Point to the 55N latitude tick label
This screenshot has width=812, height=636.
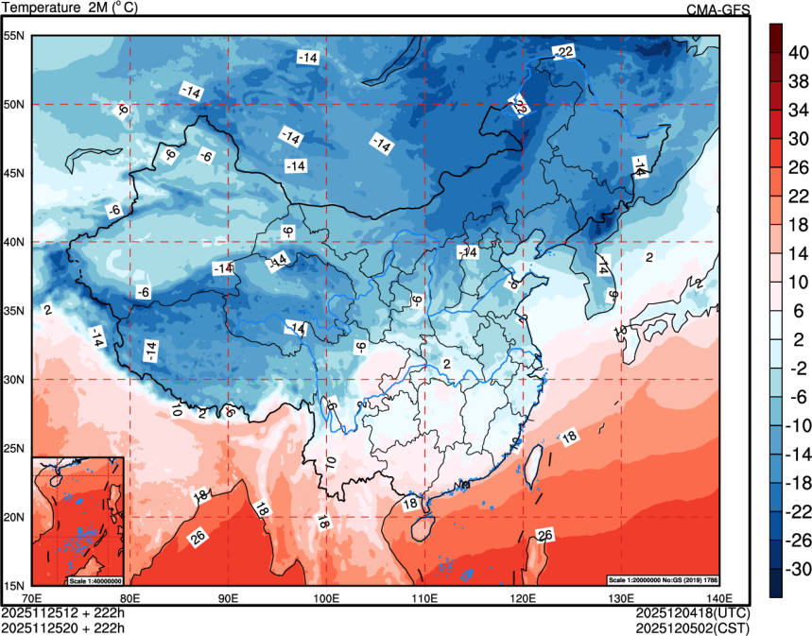tap(14, 36)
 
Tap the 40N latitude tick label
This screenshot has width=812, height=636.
tap(14, 242)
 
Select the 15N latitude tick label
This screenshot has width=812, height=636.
tap(14, 585)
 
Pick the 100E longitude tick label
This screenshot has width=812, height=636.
tap(326, 597)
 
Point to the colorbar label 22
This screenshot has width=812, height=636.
tap(798, 196)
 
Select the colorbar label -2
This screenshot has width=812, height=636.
tap(798, 369)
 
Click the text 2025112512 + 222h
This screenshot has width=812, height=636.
tap(63, 612)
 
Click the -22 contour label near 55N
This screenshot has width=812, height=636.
tap(563, 51)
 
